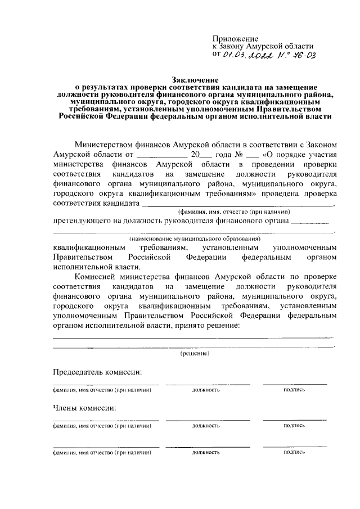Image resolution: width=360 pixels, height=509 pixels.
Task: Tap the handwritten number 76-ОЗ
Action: (x=301, y=55)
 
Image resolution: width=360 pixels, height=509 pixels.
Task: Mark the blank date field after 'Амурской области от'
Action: (x=161, y=154)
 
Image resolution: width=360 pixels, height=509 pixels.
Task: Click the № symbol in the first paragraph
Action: (x=238, y=154)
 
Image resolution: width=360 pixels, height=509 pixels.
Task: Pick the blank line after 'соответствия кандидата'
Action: (x=237, y=204)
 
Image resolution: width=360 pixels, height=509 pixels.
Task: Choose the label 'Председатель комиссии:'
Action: (x=97, y=372)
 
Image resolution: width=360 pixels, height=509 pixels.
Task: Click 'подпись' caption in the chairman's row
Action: (x=294, y=389)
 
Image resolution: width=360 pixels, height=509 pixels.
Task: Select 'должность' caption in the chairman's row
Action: (x=205, y=389)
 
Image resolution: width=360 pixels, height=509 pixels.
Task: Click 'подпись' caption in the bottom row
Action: (x=294, y=452)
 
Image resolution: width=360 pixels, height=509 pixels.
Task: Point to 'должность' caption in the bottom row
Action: (x=205, y=452)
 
